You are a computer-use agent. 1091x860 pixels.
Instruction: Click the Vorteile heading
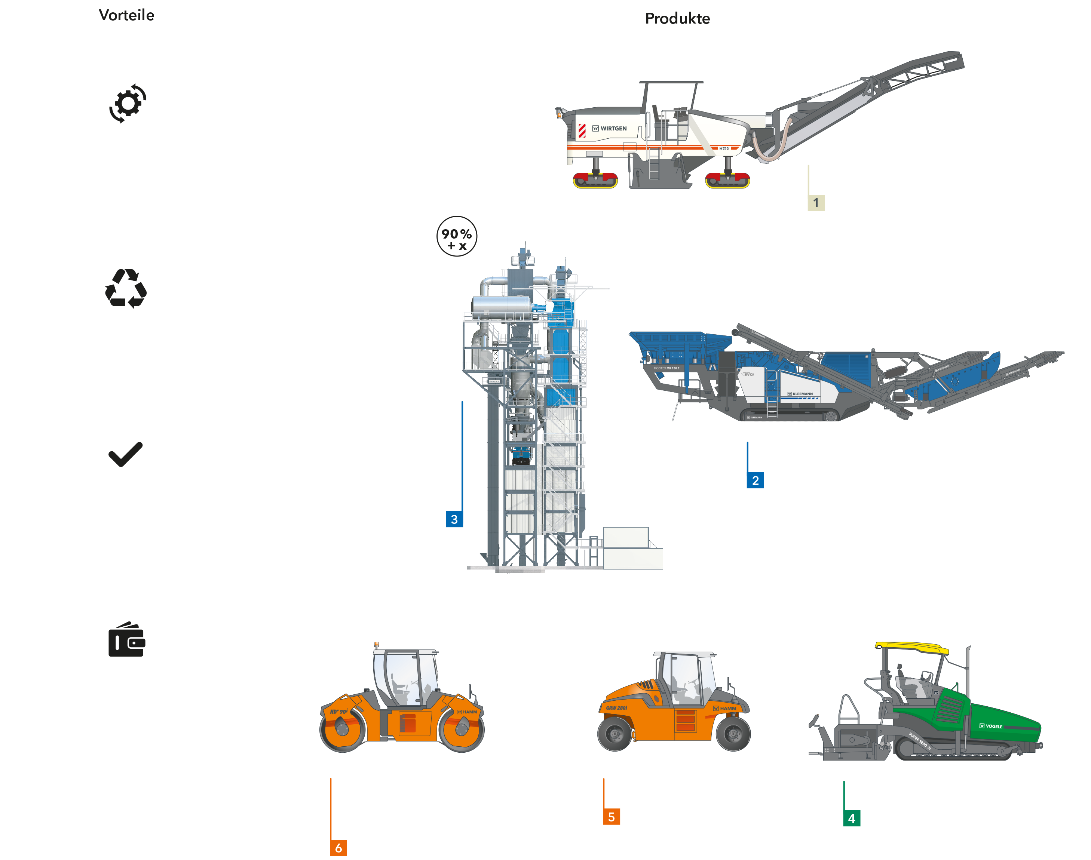click(126, 15)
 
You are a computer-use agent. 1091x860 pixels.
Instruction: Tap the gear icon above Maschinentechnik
click(128, 103)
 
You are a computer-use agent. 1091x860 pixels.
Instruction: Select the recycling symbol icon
click(125, 289)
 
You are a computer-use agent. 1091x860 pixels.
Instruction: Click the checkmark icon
click(125, 455)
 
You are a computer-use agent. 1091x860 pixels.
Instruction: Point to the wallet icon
click(127, 640)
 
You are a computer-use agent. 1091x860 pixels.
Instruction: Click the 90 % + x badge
click(456, 237)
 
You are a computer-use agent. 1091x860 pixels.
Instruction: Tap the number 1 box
click(816, 203)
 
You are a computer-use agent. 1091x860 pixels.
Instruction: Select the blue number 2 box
click(755, 480)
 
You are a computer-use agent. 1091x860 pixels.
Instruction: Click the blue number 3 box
click(454, 519)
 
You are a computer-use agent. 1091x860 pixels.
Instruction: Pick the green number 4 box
click(851, 818)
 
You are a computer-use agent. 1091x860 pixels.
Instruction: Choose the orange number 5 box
click(611, 817)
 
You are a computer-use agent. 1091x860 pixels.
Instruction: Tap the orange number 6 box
click(338, 848)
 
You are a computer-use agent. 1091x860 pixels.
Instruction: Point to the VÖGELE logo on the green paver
click(991, 726)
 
